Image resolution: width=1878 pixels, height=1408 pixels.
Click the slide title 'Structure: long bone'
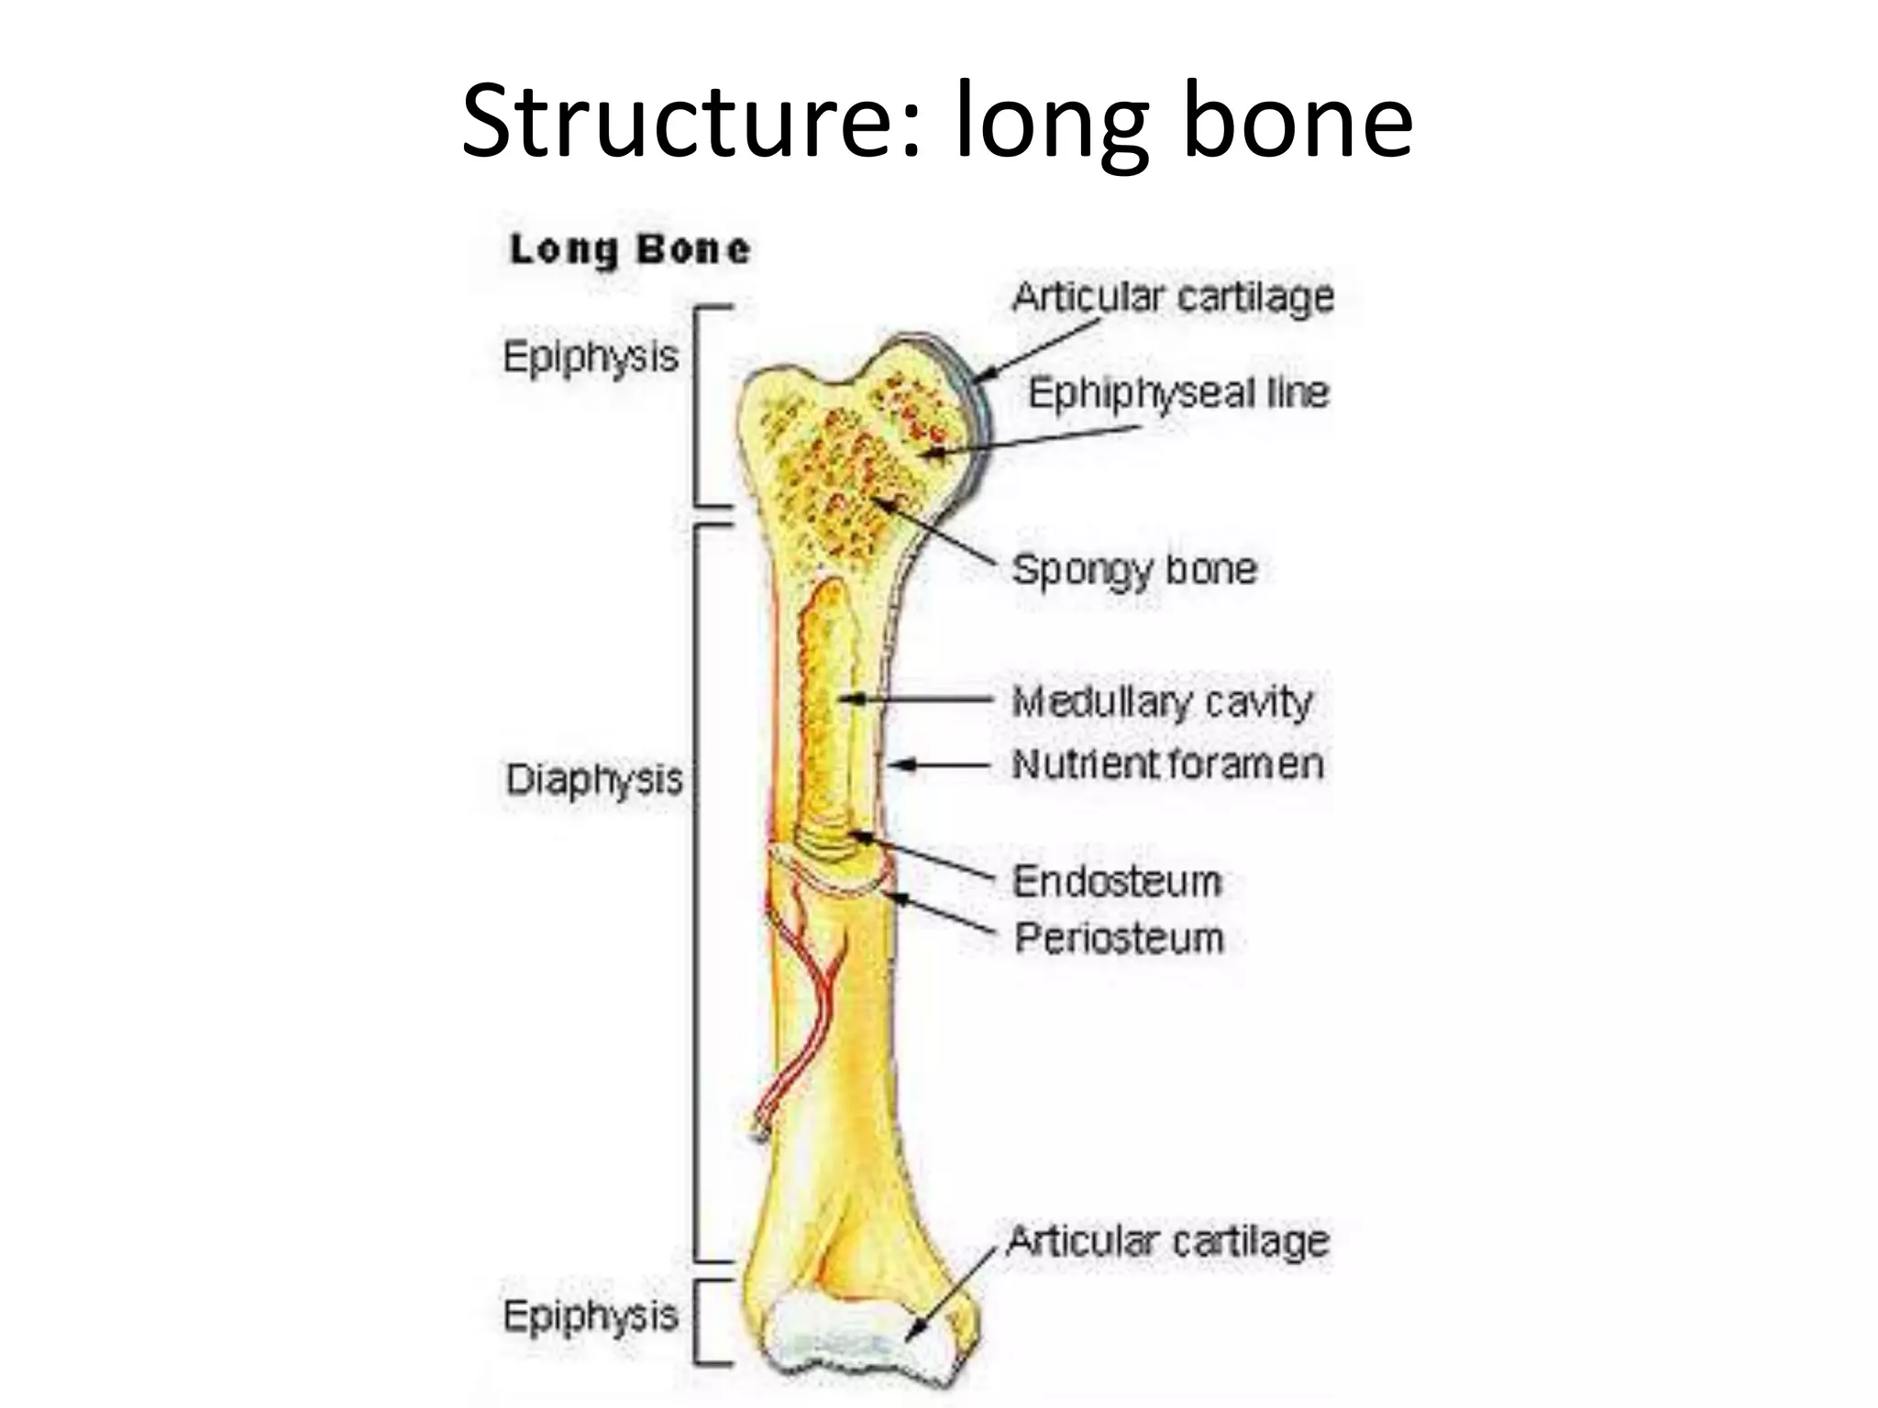coord(937,121)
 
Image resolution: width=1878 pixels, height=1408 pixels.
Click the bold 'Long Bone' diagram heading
coord(630,249)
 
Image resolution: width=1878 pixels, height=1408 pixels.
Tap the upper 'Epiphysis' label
coord(591,357)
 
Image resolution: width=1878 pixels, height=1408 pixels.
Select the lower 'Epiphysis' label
coord(591,1316)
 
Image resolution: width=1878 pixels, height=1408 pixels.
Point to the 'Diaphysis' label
coord(594,780)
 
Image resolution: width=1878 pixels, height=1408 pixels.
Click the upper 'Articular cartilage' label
coord(1173,297)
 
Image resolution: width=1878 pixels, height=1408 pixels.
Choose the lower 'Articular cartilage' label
coord(1168,1241)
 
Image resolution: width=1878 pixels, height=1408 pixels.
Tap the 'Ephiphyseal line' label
coord(1178,393)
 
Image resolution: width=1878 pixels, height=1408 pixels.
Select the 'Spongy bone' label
coord(1134,569)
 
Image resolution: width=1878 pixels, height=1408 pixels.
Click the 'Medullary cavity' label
coord(1162,703)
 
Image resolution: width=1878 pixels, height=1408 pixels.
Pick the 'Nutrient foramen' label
coord(1167,764)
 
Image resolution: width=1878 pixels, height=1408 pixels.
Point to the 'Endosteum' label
coord(1117,882)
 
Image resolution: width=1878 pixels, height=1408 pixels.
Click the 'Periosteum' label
coord(1119,939)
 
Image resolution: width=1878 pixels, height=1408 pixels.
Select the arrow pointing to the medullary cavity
coord(917,699)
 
